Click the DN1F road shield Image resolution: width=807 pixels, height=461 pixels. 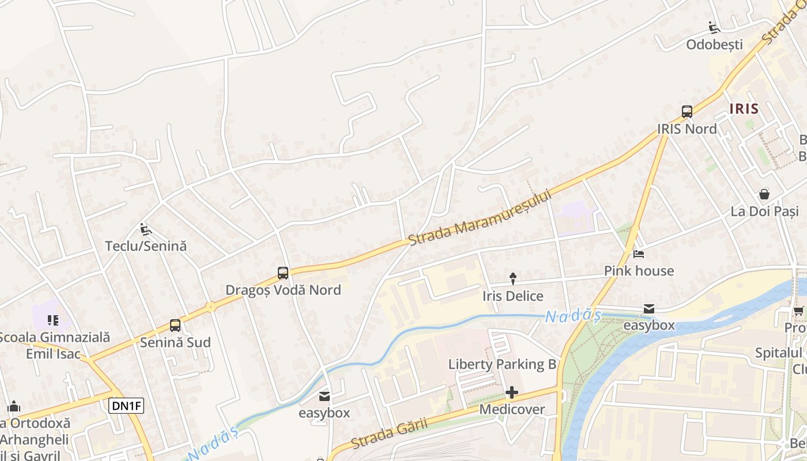(x=126, y=406)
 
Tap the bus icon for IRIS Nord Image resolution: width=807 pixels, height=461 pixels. (x=687, y=112)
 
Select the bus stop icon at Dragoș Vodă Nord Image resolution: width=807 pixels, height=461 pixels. (x=282, y=273)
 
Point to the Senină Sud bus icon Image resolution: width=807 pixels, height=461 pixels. (x=175, y=326)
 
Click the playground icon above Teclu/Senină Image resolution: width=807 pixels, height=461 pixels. (x=145, y=229)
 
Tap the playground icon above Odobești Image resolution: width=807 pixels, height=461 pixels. (x=714, y=28)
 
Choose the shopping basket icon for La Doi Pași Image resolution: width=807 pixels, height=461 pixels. (x=764, y=194)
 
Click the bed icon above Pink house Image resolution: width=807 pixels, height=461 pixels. (x=639, y=254)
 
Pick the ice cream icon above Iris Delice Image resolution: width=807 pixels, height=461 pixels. (x=512, y=279)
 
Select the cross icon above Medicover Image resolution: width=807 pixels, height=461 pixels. (x=511, y=393)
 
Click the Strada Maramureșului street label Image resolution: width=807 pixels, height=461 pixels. (x=480, y=217)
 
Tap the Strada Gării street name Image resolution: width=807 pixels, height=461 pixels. (x=389, y=433)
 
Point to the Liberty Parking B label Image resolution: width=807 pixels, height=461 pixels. (x=502, y=364)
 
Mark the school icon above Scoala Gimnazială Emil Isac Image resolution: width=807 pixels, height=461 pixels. (x=53, y=320)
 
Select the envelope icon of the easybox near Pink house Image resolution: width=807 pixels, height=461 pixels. (x=649, y=309)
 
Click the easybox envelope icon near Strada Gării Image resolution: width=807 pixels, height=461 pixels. (x=325, y=396)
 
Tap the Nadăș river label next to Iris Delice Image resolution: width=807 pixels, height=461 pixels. (x=573, y=316)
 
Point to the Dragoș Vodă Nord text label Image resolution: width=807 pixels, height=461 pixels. (x=283, y=290)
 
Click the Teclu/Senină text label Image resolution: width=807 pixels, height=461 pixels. (x=146, y=246)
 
